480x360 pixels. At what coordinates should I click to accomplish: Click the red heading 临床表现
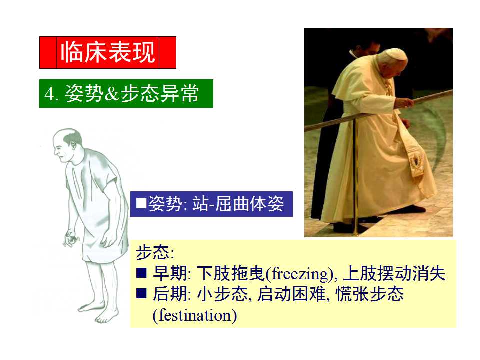click(x=108, y=52)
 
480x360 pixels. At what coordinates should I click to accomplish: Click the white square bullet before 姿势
click(x=141, y=203)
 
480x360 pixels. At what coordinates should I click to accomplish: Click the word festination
click(x=194, y=315)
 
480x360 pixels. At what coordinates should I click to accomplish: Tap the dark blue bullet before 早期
click(x=141, y=273)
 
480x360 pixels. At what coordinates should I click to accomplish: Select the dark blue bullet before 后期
click(x=141, y=293)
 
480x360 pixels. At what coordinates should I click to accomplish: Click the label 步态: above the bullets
click(x=155, y=252)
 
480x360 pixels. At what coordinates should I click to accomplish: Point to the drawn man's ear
click(x=73, y=146)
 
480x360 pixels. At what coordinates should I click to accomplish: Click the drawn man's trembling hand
click(x=70, y=238)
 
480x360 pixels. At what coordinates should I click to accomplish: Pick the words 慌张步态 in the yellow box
click(x=369, y=294)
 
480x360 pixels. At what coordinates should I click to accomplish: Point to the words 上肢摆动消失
click(x=394, y=273)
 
